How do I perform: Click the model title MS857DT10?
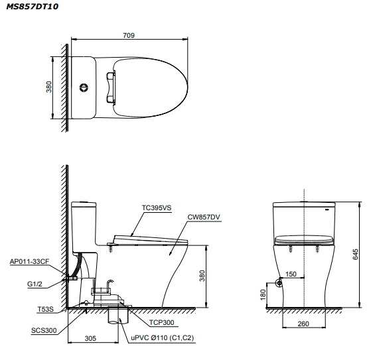click(x=33, y=7)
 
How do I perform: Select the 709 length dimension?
click(x=129, y=35)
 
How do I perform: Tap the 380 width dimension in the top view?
click(x=48, y=87)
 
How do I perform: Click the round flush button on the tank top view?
click(x=84, y=88)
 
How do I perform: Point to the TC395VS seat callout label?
click(x=157, y=208)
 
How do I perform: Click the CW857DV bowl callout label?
click(x=204, y=217)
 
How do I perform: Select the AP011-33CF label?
click(x=29, y=261)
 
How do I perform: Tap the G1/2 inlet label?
click(x=35, y=284)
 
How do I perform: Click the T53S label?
click(x=45, y=309)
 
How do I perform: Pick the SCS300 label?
click(x=44, y=330)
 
